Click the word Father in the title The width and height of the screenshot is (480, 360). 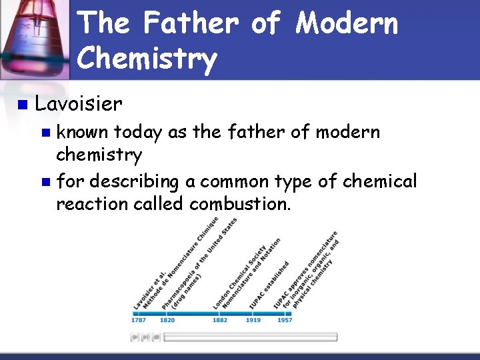(x=189, y=24)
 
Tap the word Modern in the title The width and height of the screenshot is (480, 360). (x=347, y=24)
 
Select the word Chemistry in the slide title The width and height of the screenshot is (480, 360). (x=147, y=59)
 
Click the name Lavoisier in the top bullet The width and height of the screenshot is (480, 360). (x=79, y=104)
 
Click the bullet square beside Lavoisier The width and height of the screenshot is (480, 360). (x=23, y=105)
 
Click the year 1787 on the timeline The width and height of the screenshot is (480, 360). (x=138, y=320)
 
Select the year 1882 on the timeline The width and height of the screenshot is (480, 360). (x=219, y=320)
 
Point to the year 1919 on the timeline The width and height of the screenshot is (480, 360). (x=253, y=320)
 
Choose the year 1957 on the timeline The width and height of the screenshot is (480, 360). (x=285, y=320)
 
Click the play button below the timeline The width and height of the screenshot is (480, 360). (x=135, y=337)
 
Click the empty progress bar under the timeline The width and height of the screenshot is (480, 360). (x=250, y=337)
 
